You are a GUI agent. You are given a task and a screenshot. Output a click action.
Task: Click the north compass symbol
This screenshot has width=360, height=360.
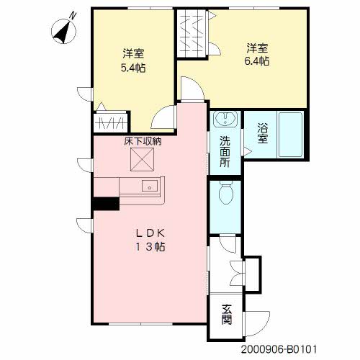64,30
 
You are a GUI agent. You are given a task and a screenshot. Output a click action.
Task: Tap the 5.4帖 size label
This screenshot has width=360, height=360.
133,68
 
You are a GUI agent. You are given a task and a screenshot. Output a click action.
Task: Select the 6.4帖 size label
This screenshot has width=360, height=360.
257,61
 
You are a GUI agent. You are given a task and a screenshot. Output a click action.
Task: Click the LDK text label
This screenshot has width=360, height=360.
150,233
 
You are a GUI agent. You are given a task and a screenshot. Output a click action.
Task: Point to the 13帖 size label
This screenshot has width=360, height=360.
150,247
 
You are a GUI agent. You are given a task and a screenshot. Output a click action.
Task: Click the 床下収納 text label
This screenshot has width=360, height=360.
143,141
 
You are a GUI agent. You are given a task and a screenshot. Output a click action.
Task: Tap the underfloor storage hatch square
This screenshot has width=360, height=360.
142,160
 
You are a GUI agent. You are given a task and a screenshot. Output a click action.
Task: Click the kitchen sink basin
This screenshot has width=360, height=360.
150,186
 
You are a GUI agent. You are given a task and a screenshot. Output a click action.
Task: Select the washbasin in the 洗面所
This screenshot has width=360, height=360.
225,118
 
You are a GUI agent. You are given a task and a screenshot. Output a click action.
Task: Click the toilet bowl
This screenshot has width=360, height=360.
226,192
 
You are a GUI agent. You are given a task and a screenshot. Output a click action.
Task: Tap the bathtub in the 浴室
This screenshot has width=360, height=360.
290,135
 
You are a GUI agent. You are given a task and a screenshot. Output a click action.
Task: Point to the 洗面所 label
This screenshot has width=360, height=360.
225,151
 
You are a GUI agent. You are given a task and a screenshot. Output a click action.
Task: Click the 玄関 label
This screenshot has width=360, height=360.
227,315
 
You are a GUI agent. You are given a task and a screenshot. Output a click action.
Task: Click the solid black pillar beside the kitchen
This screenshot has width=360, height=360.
107,204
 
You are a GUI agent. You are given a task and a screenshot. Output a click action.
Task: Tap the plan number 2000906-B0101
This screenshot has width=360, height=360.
279,349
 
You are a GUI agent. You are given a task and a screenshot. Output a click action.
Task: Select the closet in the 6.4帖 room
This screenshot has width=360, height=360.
192,33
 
